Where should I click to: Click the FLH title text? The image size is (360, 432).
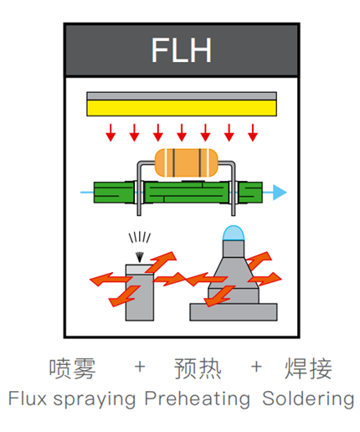182,50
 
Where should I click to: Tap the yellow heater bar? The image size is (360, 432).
182,108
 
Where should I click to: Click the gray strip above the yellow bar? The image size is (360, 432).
182,95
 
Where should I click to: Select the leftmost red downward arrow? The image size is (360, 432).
110,131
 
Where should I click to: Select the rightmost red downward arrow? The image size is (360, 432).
253,131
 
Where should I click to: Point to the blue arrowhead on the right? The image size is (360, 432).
280,193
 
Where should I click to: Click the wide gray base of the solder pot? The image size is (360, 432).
232,311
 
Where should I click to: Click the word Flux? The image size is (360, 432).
27,398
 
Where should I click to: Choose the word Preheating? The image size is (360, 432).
197,399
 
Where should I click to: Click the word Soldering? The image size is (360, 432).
308,399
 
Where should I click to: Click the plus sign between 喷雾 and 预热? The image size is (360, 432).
140,368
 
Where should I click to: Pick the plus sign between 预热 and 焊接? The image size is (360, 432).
257,368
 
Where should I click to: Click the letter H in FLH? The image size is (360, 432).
200,50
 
